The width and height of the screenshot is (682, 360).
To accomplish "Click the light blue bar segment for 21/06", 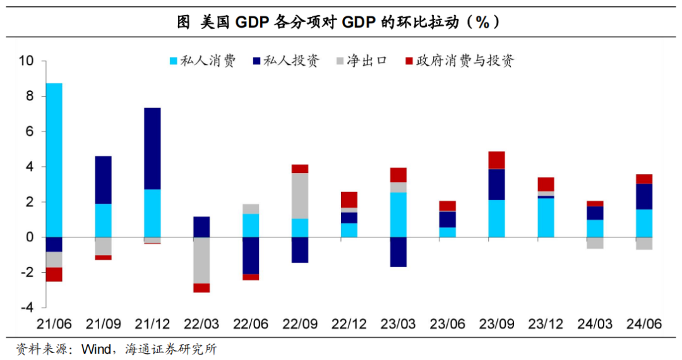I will click(x=54, y=160).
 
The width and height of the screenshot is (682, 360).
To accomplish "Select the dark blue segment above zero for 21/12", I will click(x=152, y=148).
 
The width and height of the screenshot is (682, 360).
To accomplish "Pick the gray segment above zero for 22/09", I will click(x=299, y=196).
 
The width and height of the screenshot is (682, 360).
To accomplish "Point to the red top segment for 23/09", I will click(x=496, y=160).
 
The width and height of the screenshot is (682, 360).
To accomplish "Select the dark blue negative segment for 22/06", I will click(x=251, y=255).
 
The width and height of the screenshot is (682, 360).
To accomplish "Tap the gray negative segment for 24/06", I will click(x=644, y=243).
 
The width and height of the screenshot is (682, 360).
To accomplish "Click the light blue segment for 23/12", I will click(x=546, y=218).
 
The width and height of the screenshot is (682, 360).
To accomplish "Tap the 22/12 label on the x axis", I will click(x=349, y=324).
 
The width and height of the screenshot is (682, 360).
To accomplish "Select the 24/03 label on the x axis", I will click(x=594, y=324).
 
